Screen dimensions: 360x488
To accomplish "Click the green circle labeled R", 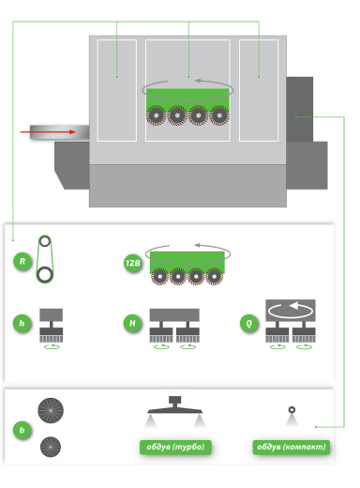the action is pos(22,261).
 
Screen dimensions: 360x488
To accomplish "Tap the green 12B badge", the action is pos(132,263).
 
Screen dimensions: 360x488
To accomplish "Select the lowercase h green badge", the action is pos(22,323).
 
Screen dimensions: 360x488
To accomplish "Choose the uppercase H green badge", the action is pos(132,323).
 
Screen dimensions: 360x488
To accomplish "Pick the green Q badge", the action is pos(249,323).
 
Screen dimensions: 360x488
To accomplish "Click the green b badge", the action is pos(22,430).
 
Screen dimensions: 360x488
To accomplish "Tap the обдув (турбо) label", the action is pos(175,447).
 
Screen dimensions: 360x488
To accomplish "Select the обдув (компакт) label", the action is pos(292,447).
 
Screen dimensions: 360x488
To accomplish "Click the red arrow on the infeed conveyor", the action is pos(48,132).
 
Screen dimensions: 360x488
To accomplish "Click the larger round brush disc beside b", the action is pos(51,410).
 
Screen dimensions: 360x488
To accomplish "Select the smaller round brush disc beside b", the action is pos(51,447).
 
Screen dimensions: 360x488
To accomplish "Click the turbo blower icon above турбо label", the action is pos(175,410).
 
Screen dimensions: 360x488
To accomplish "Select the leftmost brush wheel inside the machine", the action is pos(156,115).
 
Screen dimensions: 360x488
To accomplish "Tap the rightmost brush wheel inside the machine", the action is pos(219,115).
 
